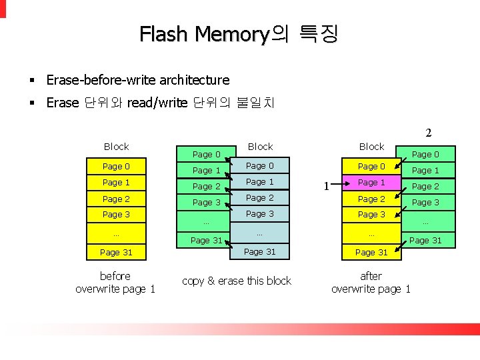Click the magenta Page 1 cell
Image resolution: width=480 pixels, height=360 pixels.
(371, 183)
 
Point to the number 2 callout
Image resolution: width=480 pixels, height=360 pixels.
(429, 133)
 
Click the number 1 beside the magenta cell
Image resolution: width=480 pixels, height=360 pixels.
(326, 187)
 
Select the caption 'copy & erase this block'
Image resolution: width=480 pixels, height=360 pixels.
(237, 281)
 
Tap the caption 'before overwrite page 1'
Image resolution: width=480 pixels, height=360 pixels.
(115, 282)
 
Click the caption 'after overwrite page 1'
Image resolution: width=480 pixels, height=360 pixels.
(371, 282)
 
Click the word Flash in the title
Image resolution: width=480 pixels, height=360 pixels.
(164, 34)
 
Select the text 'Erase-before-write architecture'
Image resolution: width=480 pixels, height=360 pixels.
(137, 80)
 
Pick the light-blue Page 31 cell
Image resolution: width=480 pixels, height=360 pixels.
(259, 251)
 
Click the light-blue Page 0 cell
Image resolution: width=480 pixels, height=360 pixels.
(259, 166)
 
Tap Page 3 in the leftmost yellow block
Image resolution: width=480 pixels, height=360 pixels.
(117, 214)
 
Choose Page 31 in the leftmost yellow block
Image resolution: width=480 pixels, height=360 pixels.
(116, 252)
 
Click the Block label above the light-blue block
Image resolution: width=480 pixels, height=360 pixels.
(260, 146)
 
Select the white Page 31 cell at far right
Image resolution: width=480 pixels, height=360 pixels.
(425, 240)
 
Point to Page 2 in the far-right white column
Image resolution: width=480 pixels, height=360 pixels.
(425, 187)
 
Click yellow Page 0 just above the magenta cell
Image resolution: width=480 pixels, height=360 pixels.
(371, 166)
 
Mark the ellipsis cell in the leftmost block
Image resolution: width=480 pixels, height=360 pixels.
(116, 234)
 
